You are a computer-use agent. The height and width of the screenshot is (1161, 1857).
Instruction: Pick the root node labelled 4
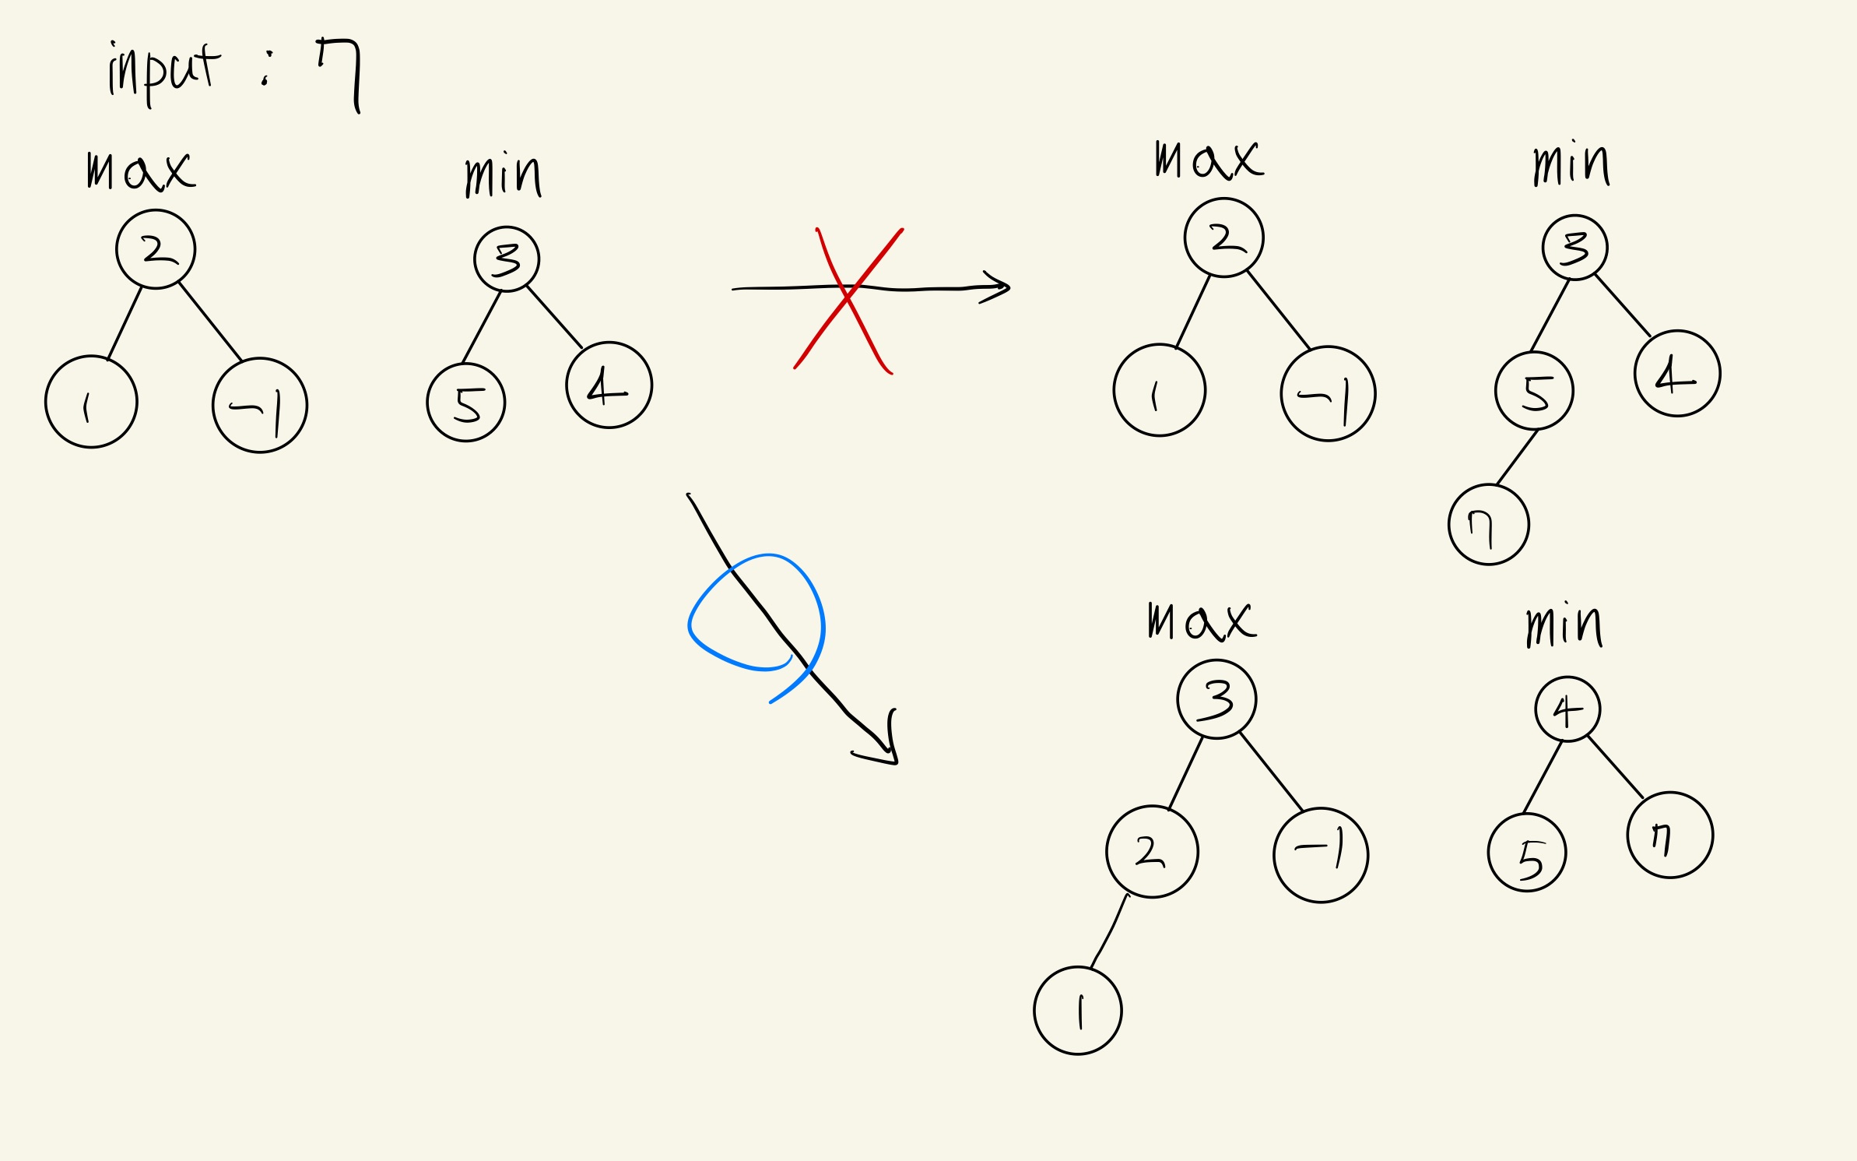coord(1567,709)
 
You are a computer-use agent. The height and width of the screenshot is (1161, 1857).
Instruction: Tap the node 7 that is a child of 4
coord(1669,835)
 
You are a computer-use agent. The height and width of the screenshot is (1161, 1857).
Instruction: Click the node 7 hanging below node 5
coord(1488,524)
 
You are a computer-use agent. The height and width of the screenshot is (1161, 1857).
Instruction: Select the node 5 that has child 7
coord(1534,391)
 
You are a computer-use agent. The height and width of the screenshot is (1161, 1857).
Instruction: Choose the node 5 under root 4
coord(1526,853)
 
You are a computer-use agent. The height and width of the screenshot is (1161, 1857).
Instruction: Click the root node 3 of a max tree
coord(1216,698)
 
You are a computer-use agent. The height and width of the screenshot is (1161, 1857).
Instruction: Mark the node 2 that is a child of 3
coord(1152,851)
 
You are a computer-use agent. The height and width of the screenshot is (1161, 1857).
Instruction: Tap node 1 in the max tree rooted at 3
coord(1078,1011)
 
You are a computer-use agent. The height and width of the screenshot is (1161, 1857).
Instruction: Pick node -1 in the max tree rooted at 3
coord(1321,855)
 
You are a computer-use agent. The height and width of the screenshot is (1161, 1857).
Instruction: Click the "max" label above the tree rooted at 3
coord(1201,622)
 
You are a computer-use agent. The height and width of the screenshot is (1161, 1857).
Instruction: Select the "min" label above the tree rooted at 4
coord(1564,627)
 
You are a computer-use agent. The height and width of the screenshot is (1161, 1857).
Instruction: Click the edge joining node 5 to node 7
coord(1517,457)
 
